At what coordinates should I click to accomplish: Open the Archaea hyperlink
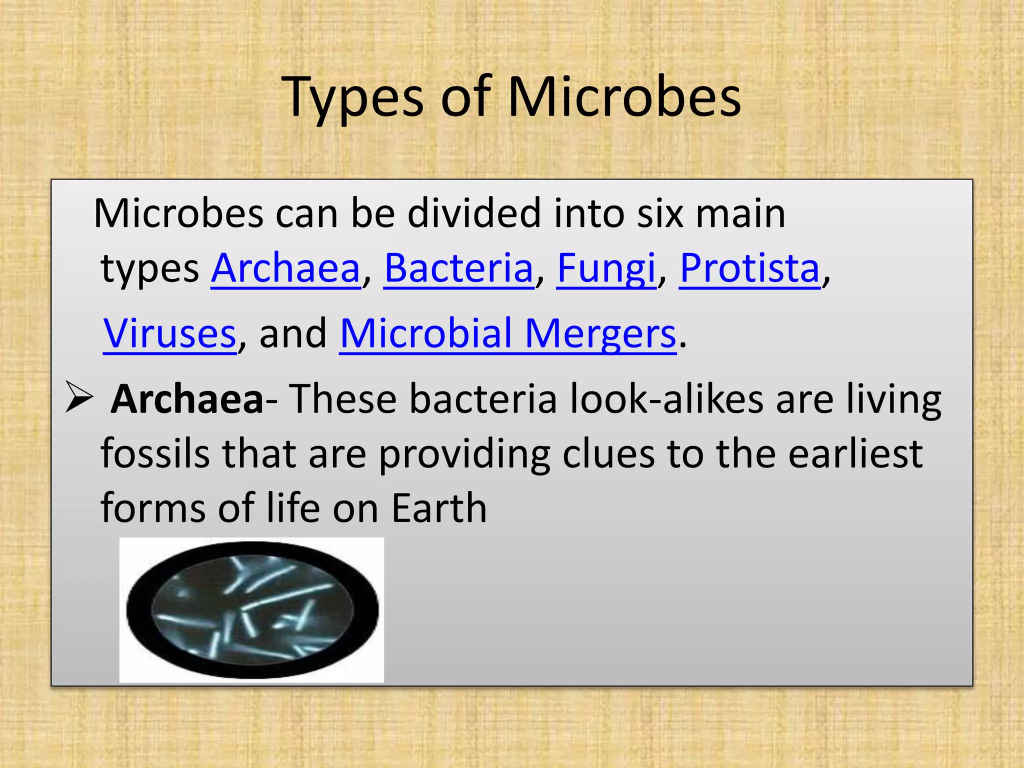click(285, 268)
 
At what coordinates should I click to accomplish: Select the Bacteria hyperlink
click(458, 268)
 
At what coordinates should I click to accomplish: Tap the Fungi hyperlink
click(606, 268)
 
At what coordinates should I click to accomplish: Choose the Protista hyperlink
click(749, 268)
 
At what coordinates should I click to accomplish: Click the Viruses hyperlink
click(169, 333)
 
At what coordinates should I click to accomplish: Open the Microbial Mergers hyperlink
click(507, 333)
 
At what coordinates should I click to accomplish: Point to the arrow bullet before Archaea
click(79, 397)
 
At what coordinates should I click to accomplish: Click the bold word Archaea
click(187, 399)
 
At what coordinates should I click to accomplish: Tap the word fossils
click(155, 453)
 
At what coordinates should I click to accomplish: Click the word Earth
click(438, 508)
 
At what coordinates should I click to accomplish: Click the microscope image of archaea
click(251, 610)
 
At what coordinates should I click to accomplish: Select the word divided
click(474, 213)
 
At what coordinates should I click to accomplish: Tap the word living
click(893, 399)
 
